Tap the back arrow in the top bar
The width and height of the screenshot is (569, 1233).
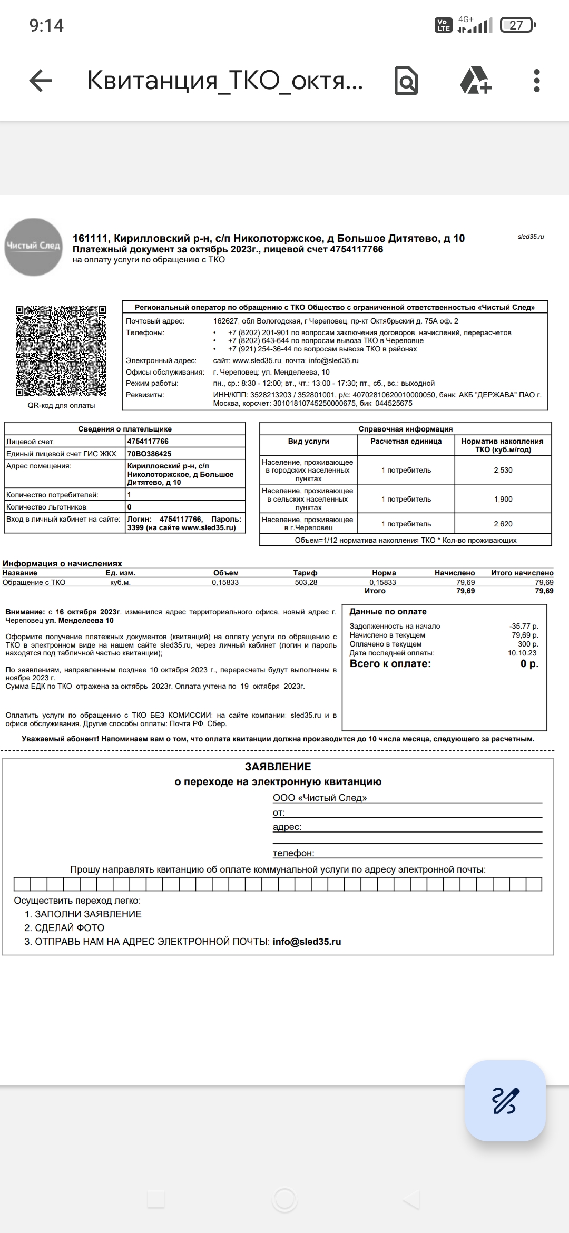click(x=41, y=81)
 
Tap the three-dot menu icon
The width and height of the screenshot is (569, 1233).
click(x=536, y=81)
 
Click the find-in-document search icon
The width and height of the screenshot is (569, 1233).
click(x=406, y=81)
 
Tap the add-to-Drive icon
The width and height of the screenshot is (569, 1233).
click(x=475, y=81)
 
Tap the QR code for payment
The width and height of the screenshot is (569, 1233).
click(x=61, y=351)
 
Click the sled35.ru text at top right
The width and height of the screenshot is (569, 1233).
click(x=531, y=237)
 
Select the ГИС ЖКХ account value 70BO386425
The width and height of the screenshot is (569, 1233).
click(x=149, y=454)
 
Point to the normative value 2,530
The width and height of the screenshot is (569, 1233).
click(x=503, y=470)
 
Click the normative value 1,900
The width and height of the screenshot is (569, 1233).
click(x=503, y=499)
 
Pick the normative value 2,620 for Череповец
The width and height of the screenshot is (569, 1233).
click(x=503, y=524)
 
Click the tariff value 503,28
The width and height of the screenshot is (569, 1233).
click(x=306, y=582)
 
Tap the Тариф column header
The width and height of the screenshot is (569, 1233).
click(x=305, y=573)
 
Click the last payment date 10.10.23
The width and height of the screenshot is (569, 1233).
click(x=522, y=653)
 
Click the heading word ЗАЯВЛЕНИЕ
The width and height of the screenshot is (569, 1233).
click(x=278, y=767)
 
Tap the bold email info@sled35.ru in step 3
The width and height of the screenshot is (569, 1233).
click(x=307, y=942)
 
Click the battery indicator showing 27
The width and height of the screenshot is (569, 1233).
click(x=517, y=25)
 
